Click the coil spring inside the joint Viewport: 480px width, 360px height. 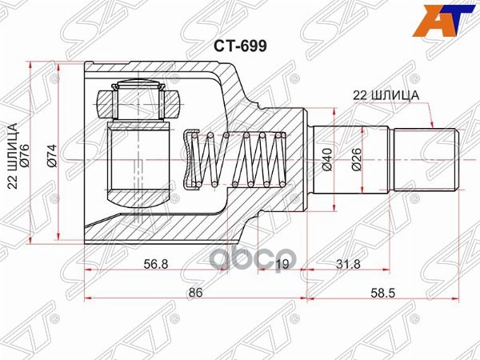click(x=236, y=159)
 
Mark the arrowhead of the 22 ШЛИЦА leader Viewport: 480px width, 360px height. click(x=433, y=126)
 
